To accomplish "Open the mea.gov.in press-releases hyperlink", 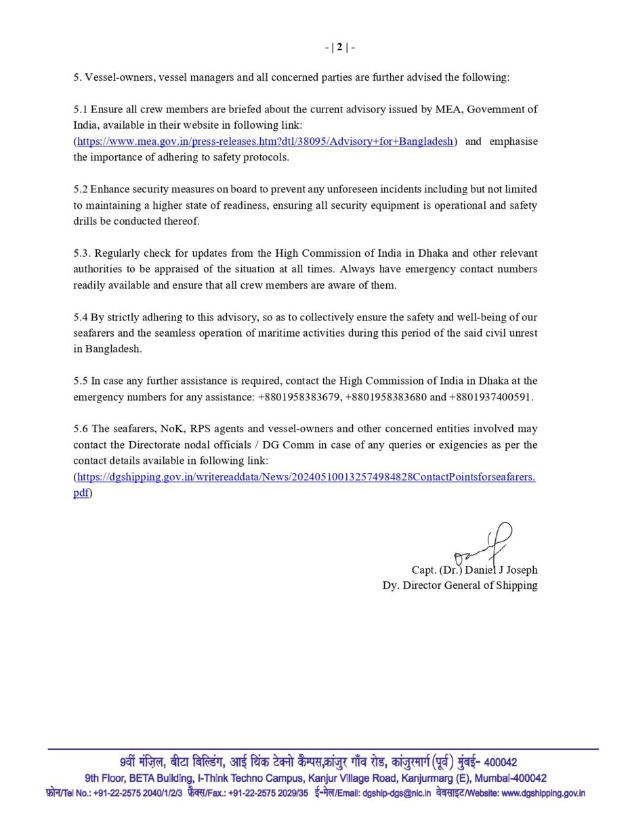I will pos(265,142).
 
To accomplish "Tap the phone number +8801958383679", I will pos(299,397).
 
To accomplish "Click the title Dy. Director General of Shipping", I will pos(459,585).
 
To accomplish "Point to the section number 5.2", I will pos(82,188).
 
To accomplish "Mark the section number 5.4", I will pos(82,317).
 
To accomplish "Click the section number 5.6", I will pos(82,429).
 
